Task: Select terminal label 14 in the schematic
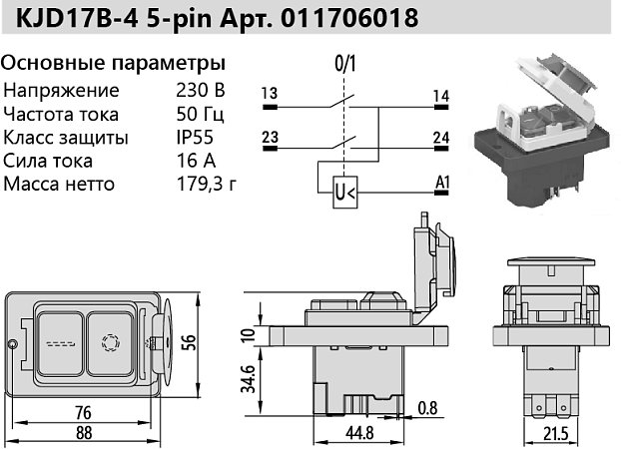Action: tap(441, 95)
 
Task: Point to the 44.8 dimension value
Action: tap(359, 433)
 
